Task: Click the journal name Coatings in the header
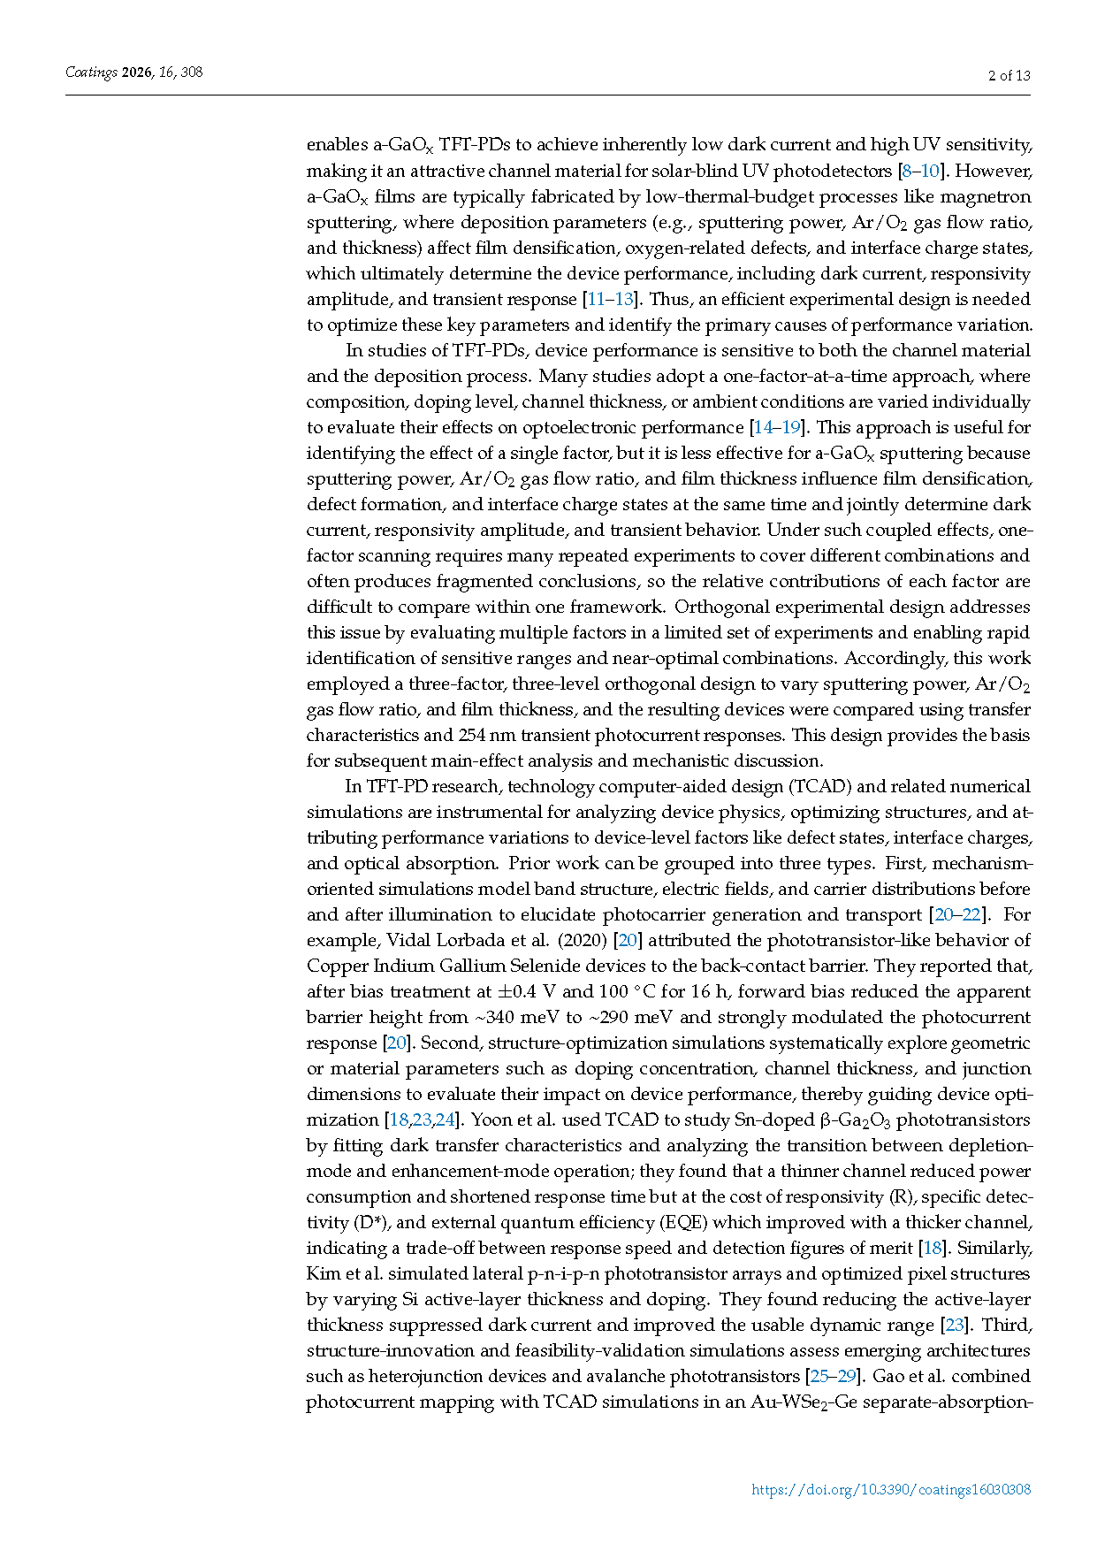(x=91, y=73)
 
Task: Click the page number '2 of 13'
(x=1009, y=75)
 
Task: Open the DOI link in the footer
(x=890, y=1489)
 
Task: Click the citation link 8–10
(x=919, y=171)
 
